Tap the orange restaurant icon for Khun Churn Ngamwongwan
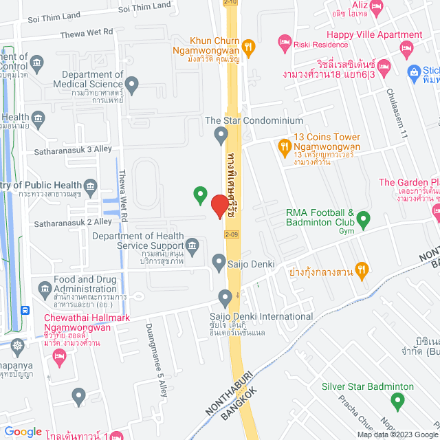250,47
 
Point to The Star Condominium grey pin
221,133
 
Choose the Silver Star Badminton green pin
397,400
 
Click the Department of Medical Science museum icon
133,86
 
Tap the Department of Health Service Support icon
193,245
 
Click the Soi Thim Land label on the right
144,5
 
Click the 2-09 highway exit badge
232,234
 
